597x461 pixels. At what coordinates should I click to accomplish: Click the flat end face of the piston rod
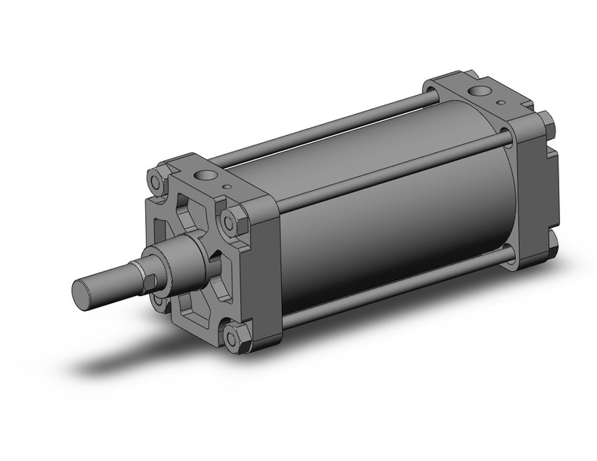(82, 295)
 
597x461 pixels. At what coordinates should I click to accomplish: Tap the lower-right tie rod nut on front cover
(233, 338)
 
